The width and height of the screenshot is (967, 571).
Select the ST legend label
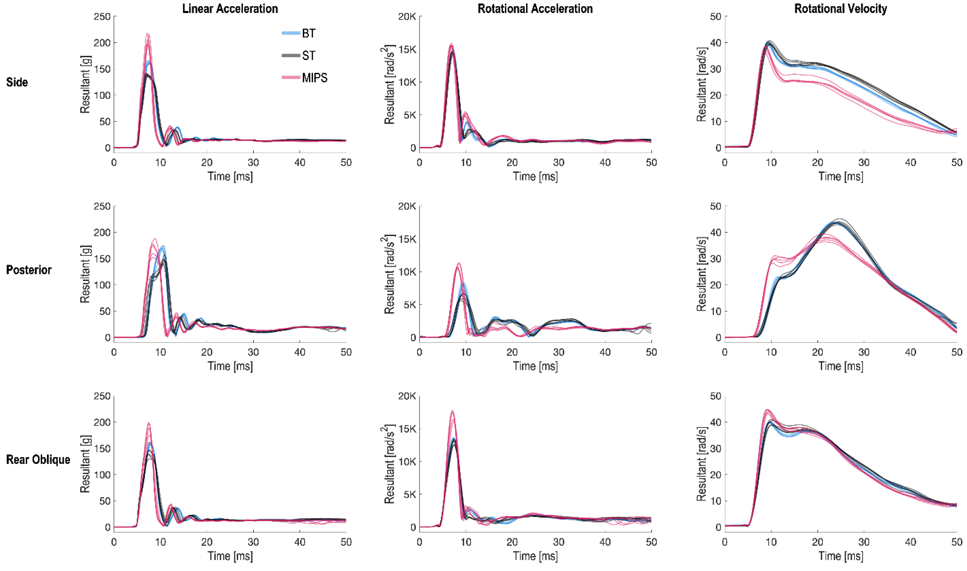(x=308, y=56)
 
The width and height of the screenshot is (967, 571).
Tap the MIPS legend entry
(x=314, y=78)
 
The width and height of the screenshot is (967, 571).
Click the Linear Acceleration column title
(x=230, y=8)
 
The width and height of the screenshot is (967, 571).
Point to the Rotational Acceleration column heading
(x=535, y=8)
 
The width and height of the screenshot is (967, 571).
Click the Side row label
(x=17, y=82)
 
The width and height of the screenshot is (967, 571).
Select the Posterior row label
(x=28, y=270)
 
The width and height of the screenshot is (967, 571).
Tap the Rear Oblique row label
(x=38, y=459)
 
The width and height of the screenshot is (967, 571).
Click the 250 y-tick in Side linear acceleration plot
(x=102, y=16)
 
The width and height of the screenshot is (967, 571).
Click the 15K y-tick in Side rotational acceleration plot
(x=407, y=50)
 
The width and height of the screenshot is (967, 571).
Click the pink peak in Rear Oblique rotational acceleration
(x=452, y=411)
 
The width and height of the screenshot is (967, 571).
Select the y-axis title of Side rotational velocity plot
(x=701, y=82)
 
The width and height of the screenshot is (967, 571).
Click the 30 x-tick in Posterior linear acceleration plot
(x=253, y=352)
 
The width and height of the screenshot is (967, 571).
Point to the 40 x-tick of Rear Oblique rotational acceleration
(x=605, y=542)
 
